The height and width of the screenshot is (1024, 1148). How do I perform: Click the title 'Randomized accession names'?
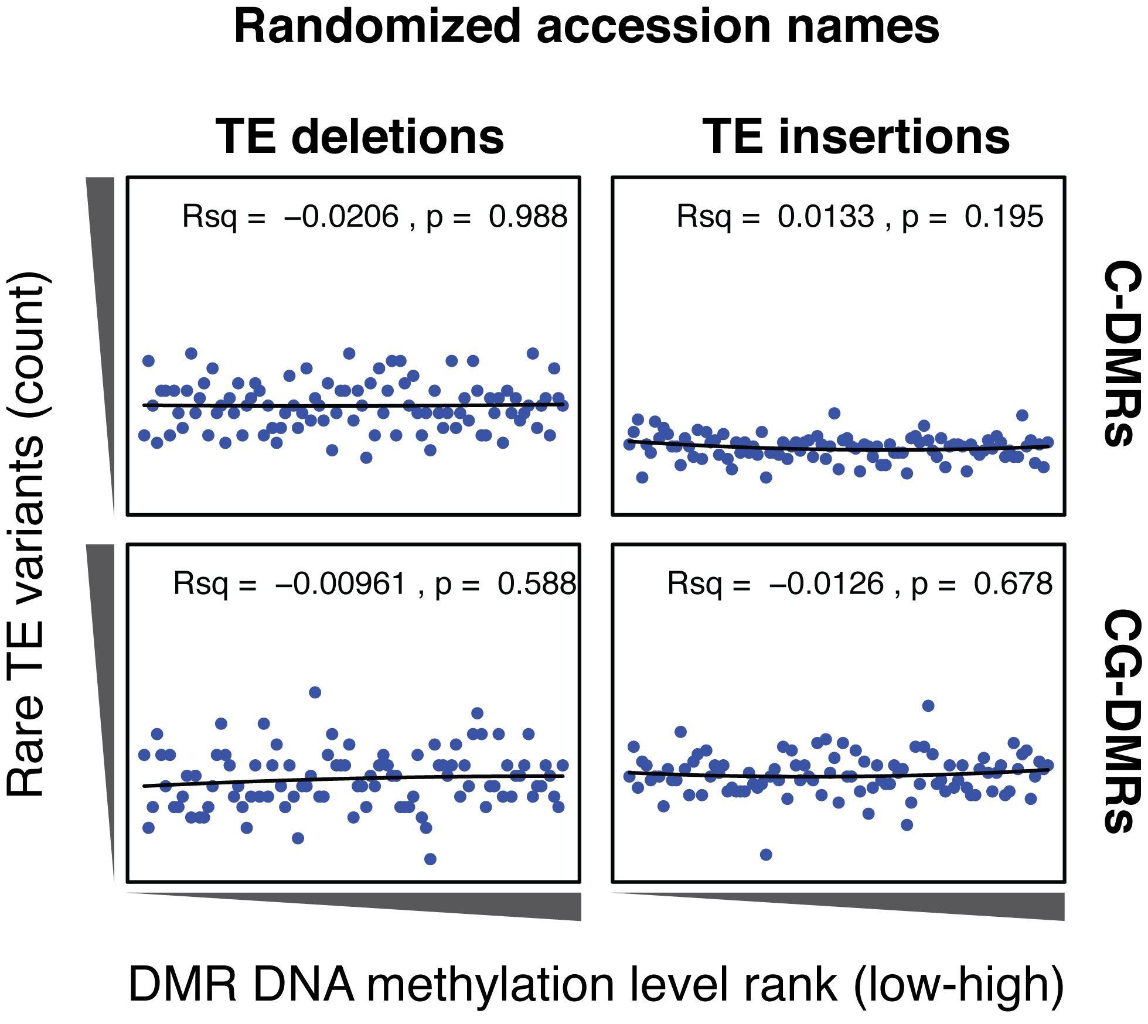[586, 27]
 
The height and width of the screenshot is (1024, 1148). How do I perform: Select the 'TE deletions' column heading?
[360, 137]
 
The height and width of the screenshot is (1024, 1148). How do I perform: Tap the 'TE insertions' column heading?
[856, 137]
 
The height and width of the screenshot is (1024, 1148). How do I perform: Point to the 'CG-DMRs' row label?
[1122, 721]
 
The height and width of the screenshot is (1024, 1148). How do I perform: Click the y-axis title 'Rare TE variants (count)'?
[26, 533]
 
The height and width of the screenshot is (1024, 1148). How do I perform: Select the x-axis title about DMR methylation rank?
[595, 984]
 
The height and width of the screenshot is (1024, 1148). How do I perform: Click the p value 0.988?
[528, 217]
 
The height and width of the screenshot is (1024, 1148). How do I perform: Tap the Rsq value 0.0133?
[825, 217]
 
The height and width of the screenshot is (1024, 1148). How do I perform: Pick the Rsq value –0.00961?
[340, 584]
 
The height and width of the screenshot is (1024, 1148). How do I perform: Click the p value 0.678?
[1013, 584]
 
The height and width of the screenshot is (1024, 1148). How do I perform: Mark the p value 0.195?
[1004, 217]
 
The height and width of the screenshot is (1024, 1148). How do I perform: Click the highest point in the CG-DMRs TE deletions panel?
[315, 692]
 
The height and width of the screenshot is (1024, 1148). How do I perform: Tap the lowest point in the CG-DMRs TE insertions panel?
[765, 855]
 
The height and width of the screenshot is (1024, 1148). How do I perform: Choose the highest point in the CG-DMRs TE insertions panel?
[928, 706]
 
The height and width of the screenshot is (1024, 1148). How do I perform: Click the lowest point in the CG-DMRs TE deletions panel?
[430, 859]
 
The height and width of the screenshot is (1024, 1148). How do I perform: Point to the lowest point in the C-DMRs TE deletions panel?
[366, 458]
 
